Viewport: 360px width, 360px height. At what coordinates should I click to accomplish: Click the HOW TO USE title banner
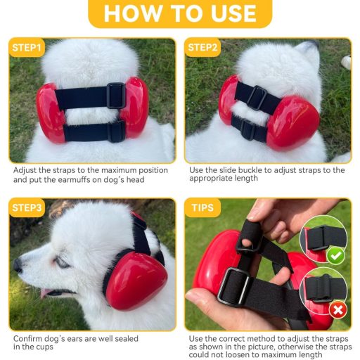(180, 13)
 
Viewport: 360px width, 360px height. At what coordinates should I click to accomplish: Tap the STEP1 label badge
(27, 48)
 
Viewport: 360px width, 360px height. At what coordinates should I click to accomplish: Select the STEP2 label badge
(202, 48)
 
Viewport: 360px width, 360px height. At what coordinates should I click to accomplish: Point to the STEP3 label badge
(27, 208)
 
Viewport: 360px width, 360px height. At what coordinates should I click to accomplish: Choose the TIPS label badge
(202, 208)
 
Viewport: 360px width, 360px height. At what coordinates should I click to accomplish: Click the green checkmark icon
(336, 256)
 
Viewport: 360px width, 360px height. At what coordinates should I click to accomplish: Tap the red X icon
(338, 310)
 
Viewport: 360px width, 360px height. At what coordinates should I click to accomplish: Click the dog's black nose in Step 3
(18, 266)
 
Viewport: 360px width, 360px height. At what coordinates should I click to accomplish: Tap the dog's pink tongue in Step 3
(45, 293)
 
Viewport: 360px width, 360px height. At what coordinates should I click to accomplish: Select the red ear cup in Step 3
(136, 278)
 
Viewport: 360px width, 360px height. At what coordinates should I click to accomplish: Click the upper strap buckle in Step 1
(116, 96)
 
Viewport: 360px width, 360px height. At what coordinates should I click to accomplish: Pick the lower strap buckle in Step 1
(117, 131)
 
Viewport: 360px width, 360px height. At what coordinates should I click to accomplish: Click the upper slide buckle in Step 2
(257, 98)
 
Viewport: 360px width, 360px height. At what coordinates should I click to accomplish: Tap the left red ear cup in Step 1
(50, 112)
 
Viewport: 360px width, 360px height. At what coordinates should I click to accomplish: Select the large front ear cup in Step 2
(293, 122)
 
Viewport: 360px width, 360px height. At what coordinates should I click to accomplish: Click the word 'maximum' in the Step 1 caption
(112, 170)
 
